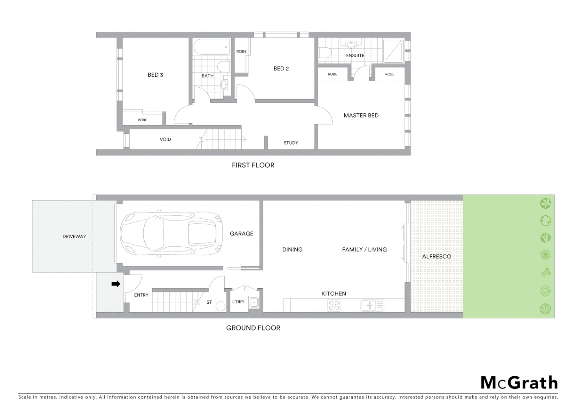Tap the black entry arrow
click(x=116, y=284)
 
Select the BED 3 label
click(x=155, y=75)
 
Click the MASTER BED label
click(x=361, y=116)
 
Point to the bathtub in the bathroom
click(x=211, y=47)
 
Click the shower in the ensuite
click(x=393, y=51)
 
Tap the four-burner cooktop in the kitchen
click(x=334, y=305)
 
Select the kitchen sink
click(x=372, y=305)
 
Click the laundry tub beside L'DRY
click(x=254, y=302)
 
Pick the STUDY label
click(x=291, y=143)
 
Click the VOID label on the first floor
click(x=165, y=139)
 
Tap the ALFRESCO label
click(x=437, y=257)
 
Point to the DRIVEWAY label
click(x=74, y=236)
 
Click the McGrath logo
click(x=519, y=383)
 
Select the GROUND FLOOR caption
click(x=253, y=328)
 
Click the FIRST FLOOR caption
click(x=253, y=165)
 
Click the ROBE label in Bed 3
click(x=142, y=120)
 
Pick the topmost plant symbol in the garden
click(x=545, y=203)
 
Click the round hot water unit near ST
click(x=221, y=306)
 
